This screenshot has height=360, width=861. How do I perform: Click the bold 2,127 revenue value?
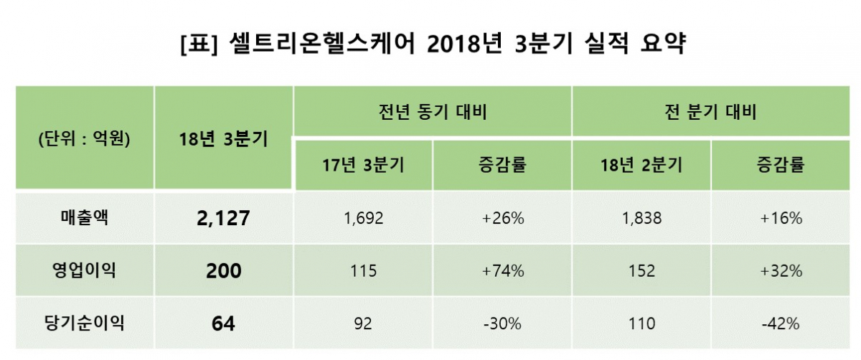pos(222,219)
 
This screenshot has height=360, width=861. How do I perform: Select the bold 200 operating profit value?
pos(222,271)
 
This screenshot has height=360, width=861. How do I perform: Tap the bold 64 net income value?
pos(222,323)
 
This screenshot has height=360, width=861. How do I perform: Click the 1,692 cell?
pos(363,219)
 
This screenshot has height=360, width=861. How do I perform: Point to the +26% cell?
pos(502,219)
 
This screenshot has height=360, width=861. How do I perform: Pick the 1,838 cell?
pos(641,219)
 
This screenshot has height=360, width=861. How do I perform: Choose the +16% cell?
pos(781,219)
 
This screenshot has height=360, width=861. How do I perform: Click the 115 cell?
pos(363,271)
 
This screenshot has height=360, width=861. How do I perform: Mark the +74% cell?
pos(502,271)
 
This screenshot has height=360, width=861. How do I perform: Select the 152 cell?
pos(641,271)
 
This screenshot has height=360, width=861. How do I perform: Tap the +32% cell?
pos(781,271)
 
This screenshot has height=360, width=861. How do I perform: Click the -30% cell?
pos(502,323)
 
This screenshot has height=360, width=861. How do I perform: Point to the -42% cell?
pos(781,323)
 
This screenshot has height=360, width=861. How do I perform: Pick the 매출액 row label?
pos(83,218)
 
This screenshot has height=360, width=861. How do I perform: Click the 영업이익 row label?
pos(83,270)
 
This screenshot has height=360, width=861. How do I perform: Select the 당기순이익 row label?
pos(83,323)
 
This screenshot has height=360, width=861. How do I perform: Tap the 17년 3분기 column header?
pos(363,166)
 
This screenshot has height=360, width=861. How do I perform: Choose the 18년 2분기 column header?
pos(641,166)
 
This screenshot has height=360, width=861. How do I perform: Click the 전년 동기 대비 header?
pos(432,112)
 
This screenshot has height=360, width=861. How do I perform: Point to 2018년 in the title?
pos(457,44)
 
